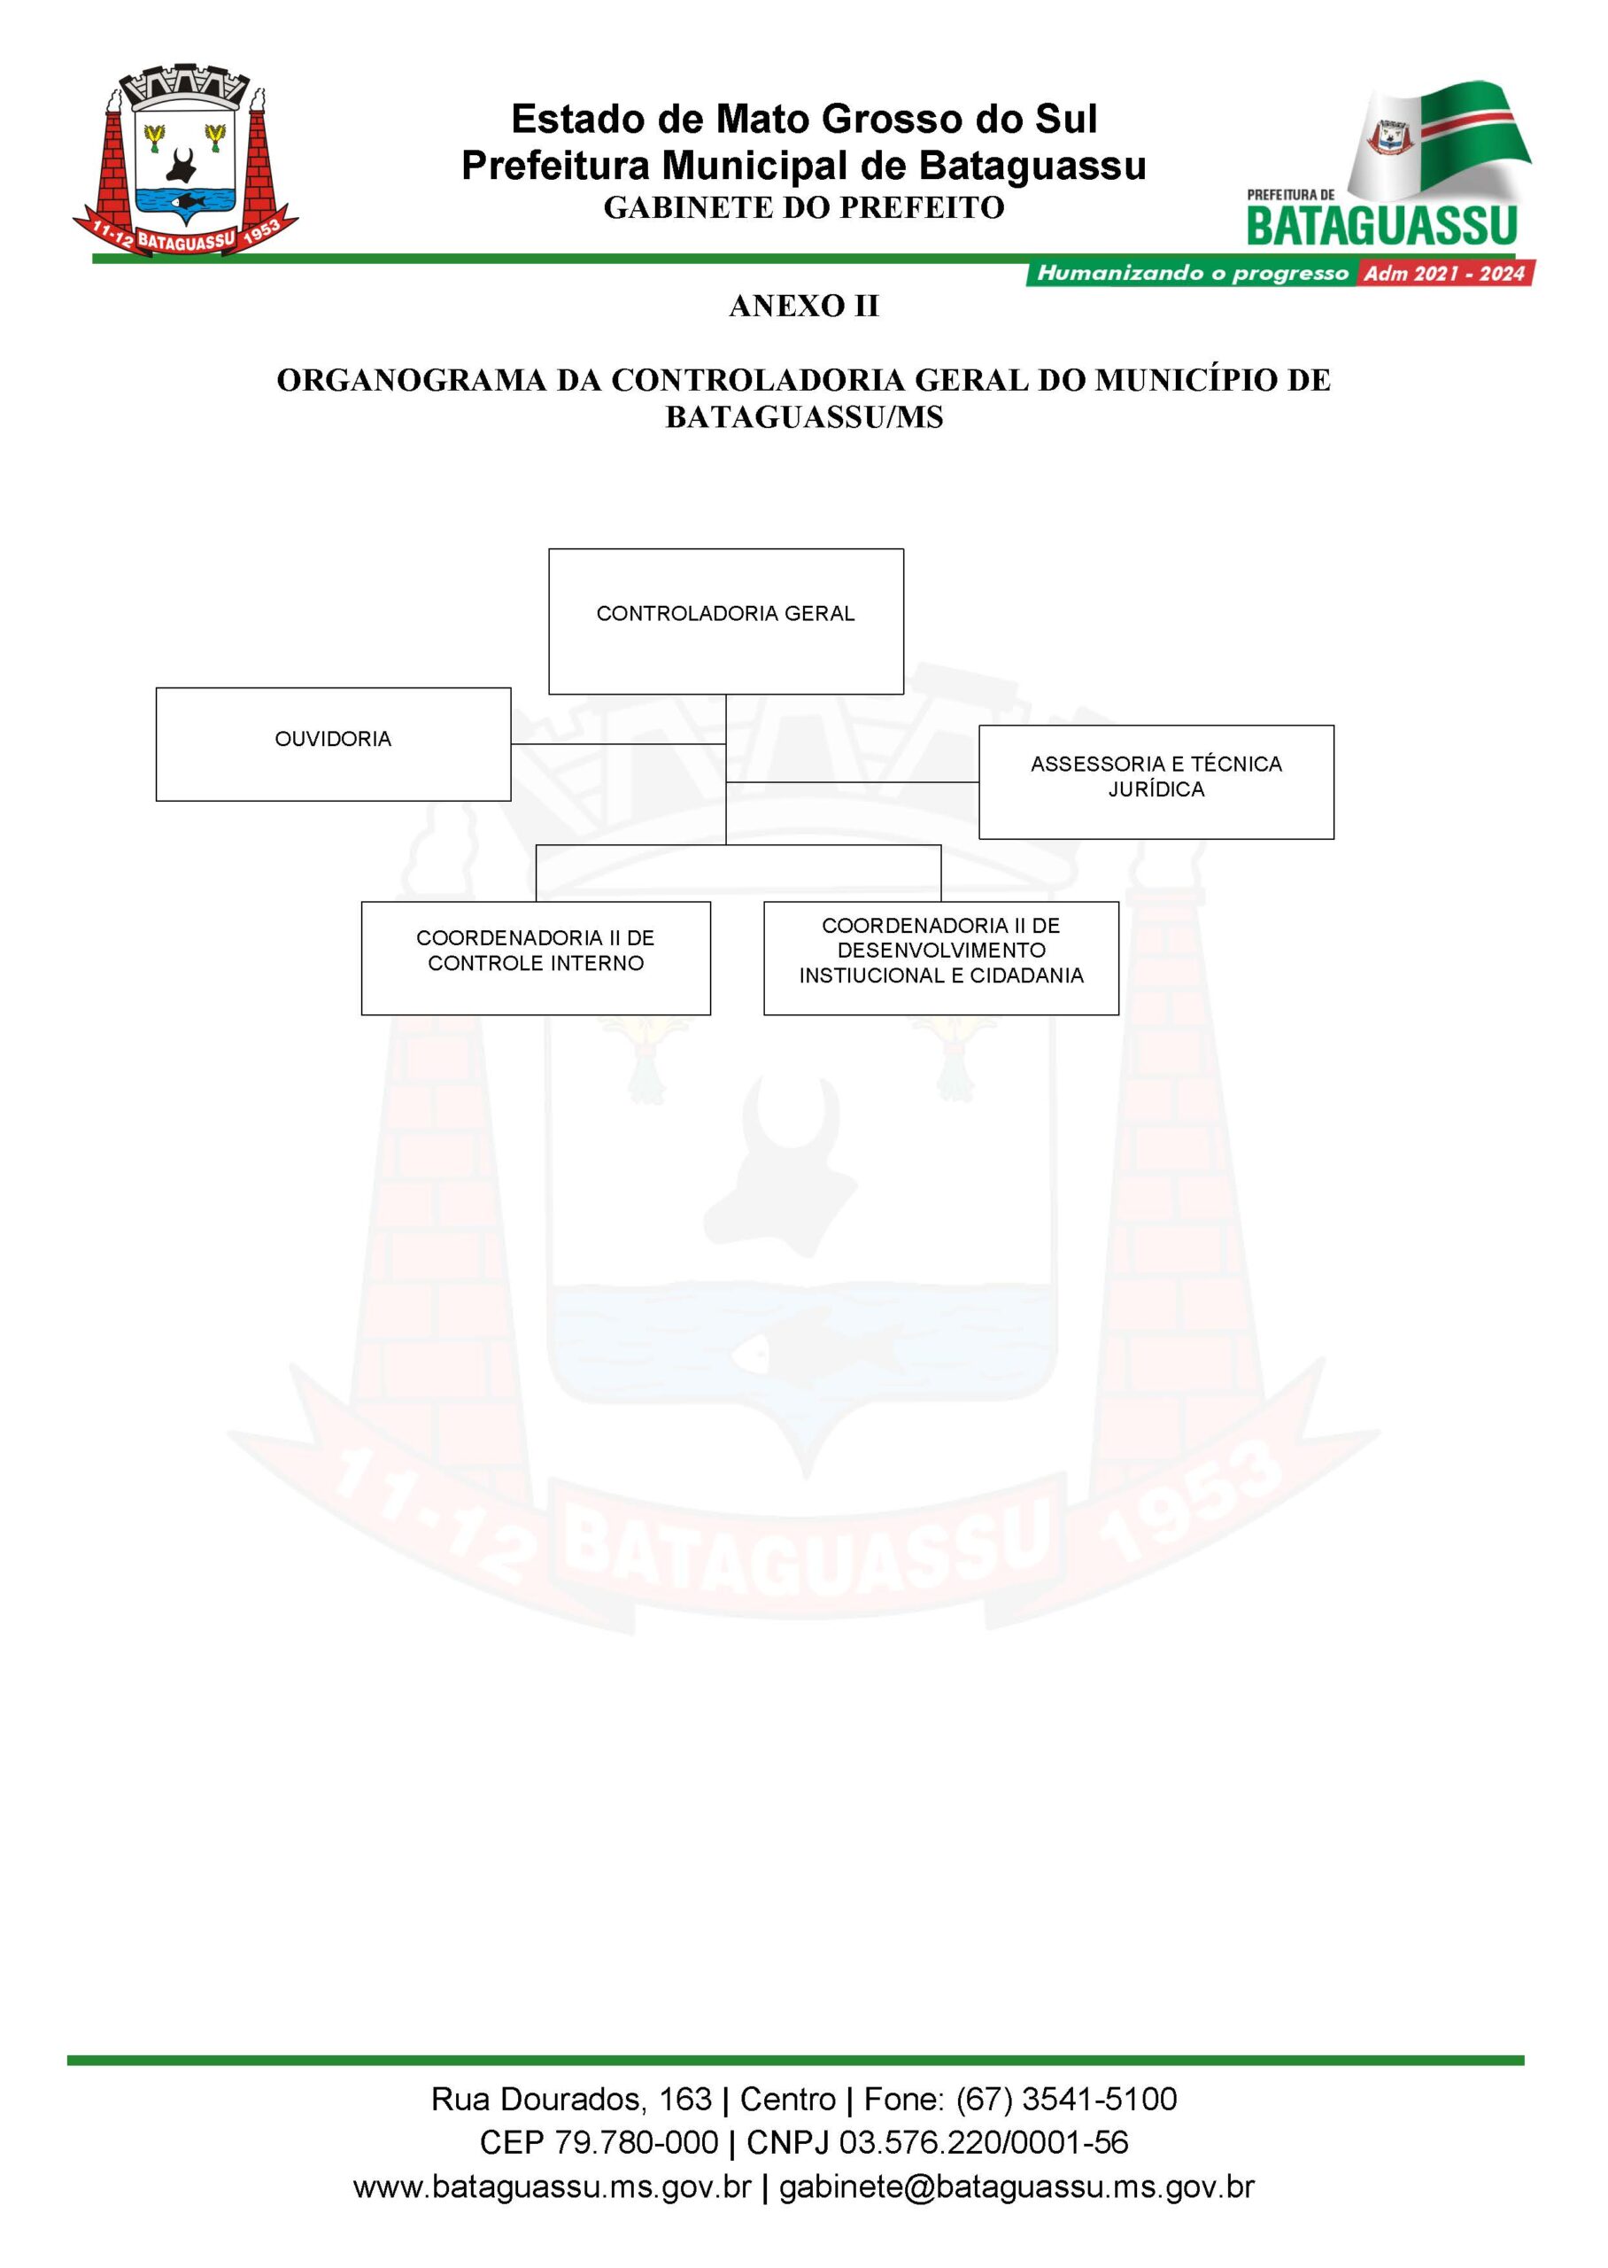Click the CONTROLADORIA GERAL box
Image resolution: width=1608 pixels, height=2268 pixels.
726,621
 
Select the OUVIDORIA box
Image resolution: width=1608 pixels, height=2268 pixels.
333,744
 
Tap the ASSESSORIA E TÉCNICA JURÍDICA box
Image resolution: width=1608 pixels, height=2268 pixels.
1156,781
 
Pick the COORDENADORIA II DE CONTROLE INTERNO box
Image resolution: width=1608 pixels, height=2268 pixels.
536,958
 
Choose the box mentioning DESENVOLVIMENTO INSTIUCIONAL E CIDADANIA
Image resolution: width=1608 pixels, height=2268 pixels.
940,958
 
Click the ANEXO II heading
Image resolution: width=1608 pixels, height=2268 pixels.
804,306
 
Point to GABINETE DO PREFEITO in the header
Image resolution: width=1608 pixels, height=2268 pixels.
804,207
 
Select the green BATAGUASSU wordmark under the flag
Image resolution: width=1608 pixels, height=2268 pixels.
1382,225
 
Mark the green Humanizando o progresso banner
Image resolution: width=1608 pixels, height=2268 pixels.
1191,274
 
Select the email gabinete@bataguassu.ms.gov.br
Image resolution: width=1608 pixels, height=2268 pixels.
1017,2186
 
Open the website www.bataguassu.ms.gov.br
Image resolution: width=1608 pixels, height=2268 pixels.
553,2186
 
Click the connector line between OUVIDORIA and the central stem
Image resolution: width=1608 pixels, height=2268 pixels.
619,744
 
